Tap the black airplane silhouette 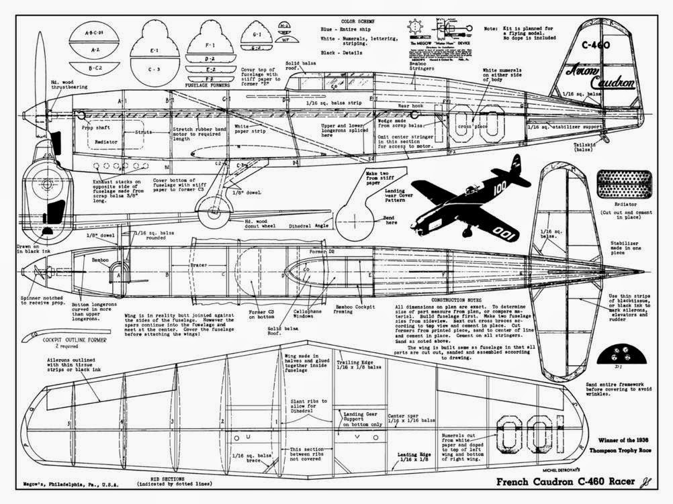coord(463,198)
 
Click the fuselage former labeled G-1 coord(257,34)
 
